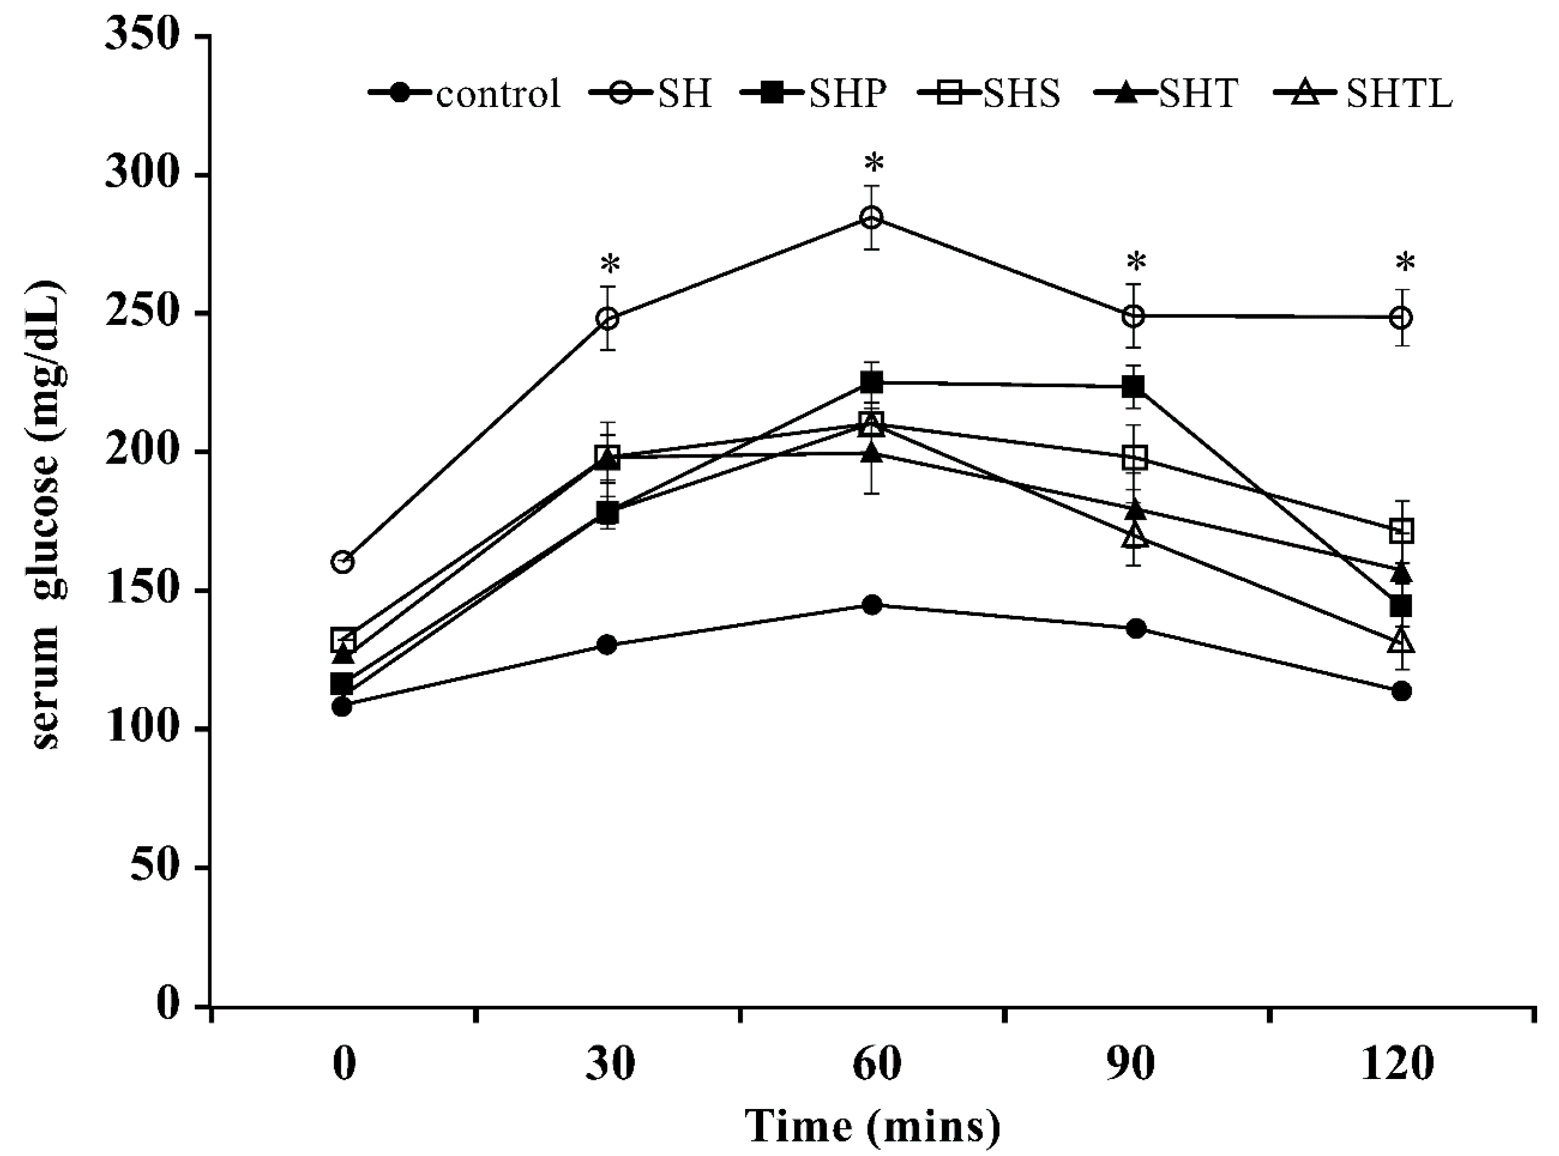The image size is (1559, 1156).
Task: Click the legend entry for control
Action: [465, 93]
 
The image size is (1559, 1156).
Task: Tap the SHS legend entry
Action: [990, 93]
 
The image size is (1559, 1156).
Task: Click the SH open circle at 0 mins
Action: [342, 561]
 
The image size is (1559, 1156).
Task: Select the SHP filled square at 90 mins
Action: [1134, 386]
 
